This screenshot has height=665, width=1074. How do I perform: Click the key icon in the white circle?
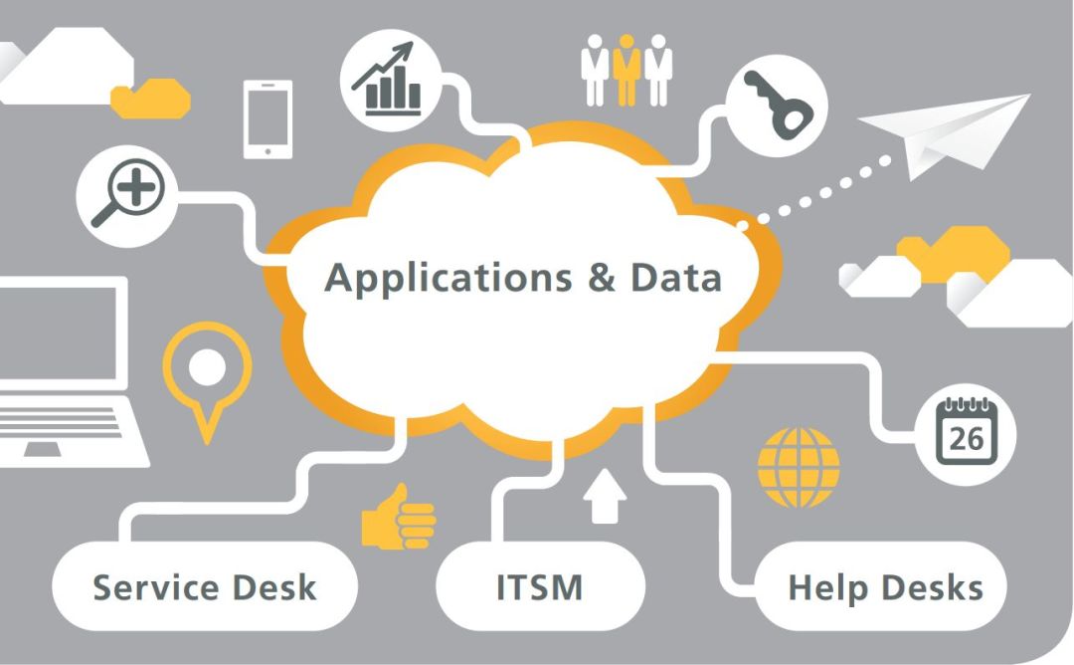click(x=777, y=104)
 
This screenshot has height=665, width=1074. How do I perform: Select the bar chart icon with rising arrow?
click(x=391, y=79)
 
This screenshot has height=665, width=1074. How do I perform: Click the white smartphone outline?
click(x=268, y=119)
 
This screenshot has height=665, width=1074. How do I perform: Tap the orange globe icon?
click(x=799, y=467)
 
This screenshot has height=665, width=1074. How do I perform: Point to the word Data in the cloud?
click(x=676, y=277)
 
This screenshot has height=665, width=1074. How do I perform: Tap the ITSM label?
click(x=539, y=587)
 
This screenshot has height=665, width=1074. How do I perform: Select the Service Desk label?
click(x=205, y=587)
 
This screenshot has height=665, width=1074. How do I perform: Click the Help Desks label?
click(x=885, y=587)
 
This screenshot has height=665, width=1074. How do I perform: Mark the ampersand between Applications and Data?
click(x=602, y=277)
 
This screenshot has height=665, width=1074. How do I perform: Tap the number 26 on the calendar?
click(x=966, y=439)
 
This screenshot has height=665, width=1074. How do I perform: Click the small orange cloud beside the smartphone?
click(x=149, y=100)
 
